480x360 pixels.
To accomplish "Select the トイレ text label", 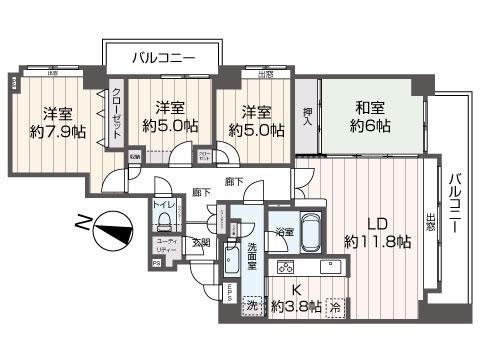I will tap(164, 206).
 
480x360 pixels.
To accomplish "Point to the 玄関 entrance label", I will tap(201, 242).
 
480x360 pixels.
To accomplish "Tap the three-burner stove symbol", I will tap(285, 268).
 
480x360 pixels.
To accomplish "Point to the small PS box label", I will tap(156, 263).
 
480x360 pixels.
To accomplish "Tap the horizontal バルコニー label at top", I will tap(159, 58).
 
